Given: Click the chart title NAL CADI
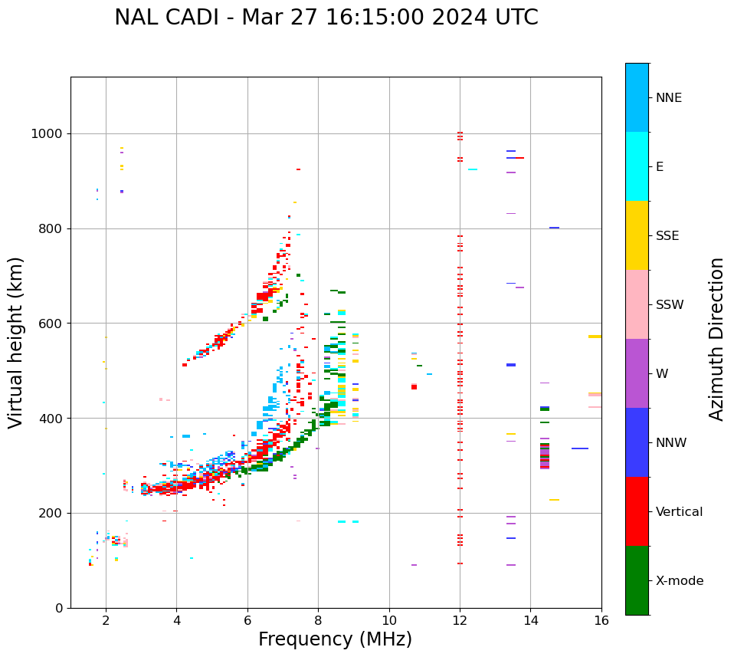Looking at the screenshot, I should [x=326, y=18].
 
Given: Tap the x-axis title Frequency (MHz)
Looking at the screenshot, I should [x=335, y=639].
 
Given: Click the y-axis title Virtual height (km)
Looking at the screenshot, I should [x=17, y=342].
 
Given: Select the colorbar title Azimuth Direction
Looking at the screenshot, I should [x=716, y=338].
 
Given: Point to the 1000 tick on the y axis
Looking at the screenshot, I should [x=50, y=134].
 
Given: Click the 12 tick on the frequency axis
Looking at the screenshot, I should [x=460, y=619].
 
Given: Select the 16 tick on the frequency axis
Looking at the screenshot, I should [x=601, y=619].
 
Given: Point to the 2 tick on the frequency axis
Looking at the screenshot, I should [x=106, y=619].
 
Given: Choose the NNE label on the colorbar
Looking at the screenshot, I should [x=668, y=98].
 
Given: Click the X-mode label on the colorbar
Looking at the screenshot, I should [x=679, y=581].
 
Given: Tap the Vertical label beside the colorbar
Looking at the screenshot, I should [x=679, y=512].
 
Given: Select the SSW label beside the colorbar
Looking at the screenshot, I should [x=670, y=305].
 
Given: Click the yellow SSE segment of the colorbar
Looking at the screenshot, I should [x=637, y=235].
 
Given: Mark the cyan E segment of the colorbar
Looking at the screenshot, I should [x=637, y=166].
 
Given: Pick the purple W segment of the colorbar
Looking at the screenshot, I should [x=637, y=373].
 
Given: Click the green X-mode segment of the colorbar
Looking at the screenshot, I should [x=637, y=580].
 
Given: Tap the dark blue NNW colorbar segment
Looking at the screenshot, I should [x=637, y=442].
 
